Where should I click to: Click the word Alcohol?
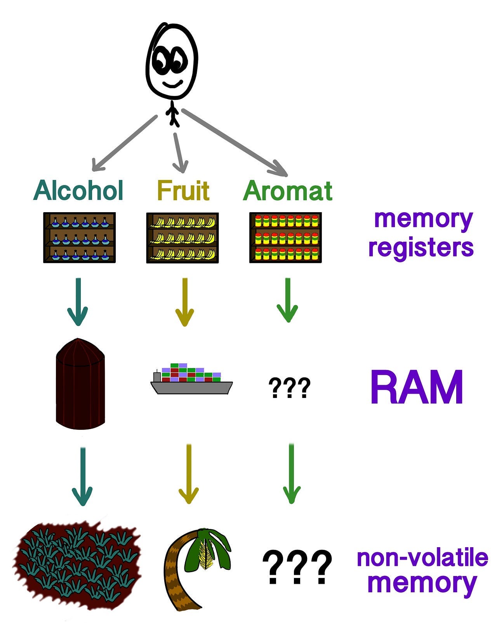[78, 190]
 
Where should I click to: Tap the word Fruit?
[183, 190]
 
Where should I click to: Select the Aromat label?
[288, 190]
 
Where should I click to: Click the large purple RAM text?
[417, 388]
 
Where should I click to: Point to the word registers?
[421, 247]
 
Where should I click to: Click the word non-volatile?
[422, 558]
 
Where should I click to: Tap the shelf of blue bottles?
[80, 238]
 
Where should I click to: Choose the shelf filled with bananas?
[182, 238]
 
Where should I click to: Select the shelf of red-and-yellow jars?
[285, 238]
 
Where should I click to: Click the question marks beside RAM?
[289, 387]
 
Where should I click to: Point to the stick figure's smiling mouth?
[172, 84]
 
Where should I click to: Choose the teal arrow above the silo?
[78, 301]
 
